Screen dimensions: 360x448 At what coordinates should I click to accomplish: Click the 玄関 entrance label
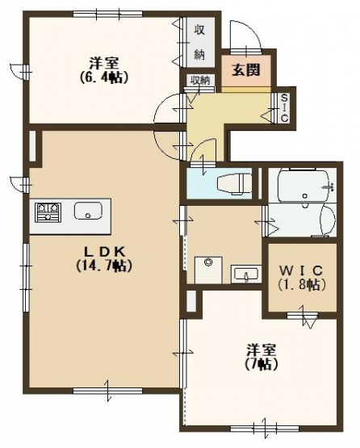coord(245,69)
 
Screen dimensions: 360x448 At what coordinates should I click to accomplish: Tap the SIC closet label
coord(284,107)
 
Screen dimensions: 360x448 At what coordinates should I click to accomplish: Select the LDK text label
coord(104,252)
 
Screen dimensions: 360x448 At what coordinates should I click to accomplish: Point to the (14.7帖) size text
coord(103,266)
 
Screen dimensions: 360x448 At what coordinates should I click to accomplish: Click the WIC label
coord(301,270)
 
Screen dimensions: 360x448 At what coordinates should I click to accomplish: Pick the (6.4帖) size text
coord(103,77)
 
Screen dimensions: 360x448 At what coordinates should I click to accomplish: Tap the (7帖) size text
coord(262,364)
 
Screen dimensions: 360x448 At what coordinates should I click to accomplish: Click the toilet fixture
coord(234,184)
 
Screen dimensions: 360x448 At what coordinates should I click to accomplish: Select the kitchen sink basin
coord(88,211)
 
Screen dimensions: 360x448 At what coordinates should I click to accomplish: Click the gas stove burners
coord(48,212)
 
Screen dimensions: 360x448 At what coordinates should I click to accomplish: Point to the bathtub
coord(303,186)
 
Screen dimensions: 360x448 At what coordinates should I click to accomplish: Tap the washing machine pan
coord(208,270)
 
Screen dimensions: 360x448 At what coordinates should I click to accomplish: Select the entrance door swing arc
coord(245,34)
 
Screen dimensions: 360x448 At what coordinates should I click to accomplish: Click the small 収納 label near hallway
coord(200,80)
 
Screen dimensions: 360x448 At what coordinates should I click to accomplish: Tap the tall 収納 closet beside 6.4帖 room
coord(199,42)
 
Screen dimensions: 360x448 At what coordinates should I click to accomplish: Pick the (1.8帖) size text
coord(302,284)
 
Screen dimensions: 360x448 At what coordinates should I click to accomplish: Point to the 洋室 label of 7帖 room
coord(262,350)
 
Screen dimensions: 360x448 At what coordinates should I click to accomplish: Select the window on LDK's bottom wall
coord(107,391)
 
